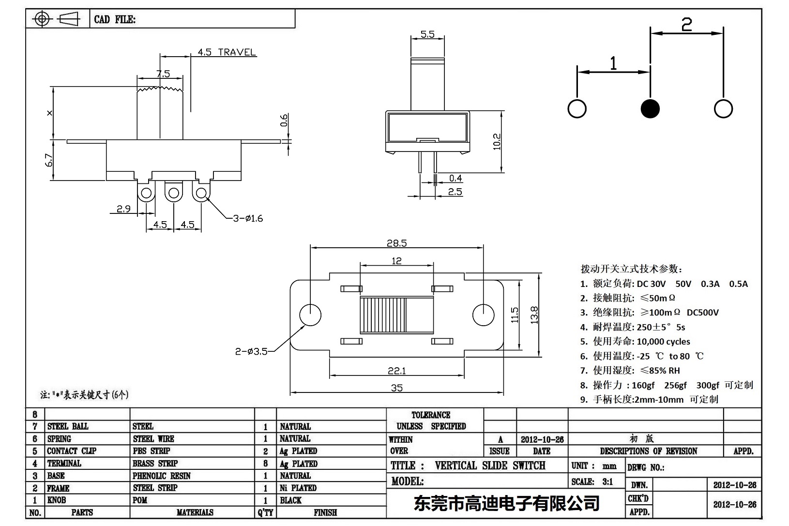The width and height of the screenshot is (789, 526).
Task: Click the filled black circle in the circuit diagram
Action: [x=650, y=108]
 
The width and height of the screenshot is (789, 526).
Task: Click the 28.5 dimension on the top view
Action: [x=396, y=243]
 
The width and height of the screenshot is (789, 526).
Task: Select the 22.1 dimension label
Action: [x=396, y=371]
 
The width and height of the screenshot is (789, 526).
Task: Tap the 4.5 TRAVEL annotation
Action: [x=227, y=52]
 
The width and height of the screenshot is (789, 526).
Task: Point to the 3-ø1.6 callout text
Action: [x=248, y=218]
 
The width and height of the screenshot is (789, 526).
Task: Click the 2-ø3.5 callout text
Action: [x=251, y=351]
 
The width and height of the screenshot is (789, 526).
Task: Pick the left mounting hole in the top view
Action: [x=310, y=315]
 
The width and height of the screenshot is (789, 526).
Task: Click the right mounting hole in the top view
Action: [x=483, y=315]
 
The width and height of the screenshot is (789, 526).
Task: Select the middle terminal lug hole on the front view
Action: [x=173, y=194]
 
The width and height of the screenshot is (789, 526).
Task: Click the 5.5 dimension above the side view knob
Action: [x=427, y=34]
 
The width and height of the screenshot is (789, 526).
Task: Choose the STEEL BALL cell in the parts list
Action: [x=68, y=426]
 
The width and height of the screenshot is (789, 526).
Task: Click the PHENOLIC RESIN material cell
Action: [x=161, y=476]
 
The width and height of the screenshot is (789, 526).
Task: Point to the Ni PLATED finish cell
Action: [x=298, y=488]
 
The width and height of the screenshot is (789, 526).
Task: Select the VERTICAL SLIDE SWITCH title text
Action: [x=490, y=466]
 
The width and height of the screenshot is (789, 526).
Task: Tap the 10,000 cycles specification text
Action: [x=663, y=341]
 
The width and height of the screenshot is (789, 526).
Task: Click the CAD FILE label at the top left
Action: [x=115, y=19]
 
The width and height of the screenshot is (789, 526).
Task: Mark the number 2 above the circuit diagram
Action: [x=686, y=24]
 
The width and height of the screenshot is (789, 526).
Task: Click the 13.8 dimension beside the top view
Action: [x=534, y=315]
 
